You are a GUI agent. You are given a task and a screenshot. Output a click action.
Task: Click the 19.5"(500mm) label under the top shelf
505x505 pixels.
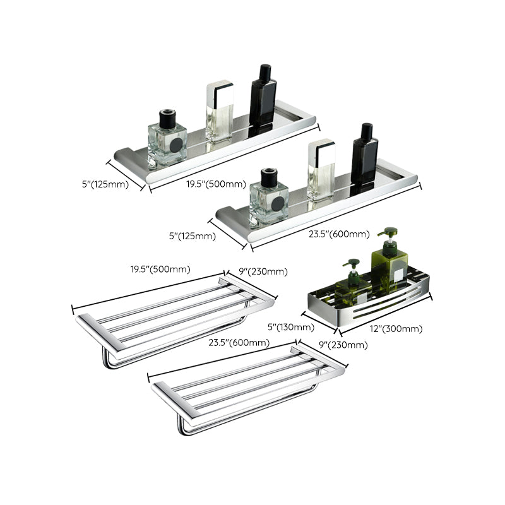point(215,184)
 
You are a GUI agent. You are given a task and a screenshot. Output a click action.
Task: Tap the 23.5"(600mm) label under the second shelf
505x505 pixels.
point(338,234)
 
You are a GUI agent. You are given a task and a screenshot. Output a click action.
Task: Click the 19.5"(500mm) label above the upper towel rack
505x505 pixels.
point(160,269)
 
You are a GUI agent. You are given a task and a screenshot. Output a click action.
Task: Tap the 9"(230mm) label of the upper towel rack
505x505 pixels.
point(262,271)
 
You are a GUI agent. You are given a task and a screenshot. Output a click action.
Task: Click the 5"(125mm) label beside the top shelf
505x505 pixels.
point(105,184)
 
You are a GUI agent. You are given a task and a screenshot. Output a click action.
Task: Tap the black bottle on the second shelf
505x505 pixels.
point(364,158)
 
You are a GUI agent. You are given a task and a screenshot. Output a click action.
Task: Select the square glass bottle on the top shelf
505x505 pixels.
point(167,140)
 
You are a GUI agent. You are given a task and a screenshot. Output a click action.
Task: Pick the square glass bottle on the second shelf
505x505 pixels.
point(268,197)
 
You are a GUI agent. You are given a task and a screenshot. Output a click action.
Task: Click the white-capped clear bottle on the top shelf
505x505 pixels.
point(218,110)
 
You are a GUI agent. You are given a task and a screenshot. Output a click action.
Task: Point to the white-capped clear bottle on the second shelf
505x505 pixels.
point(320,170)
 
